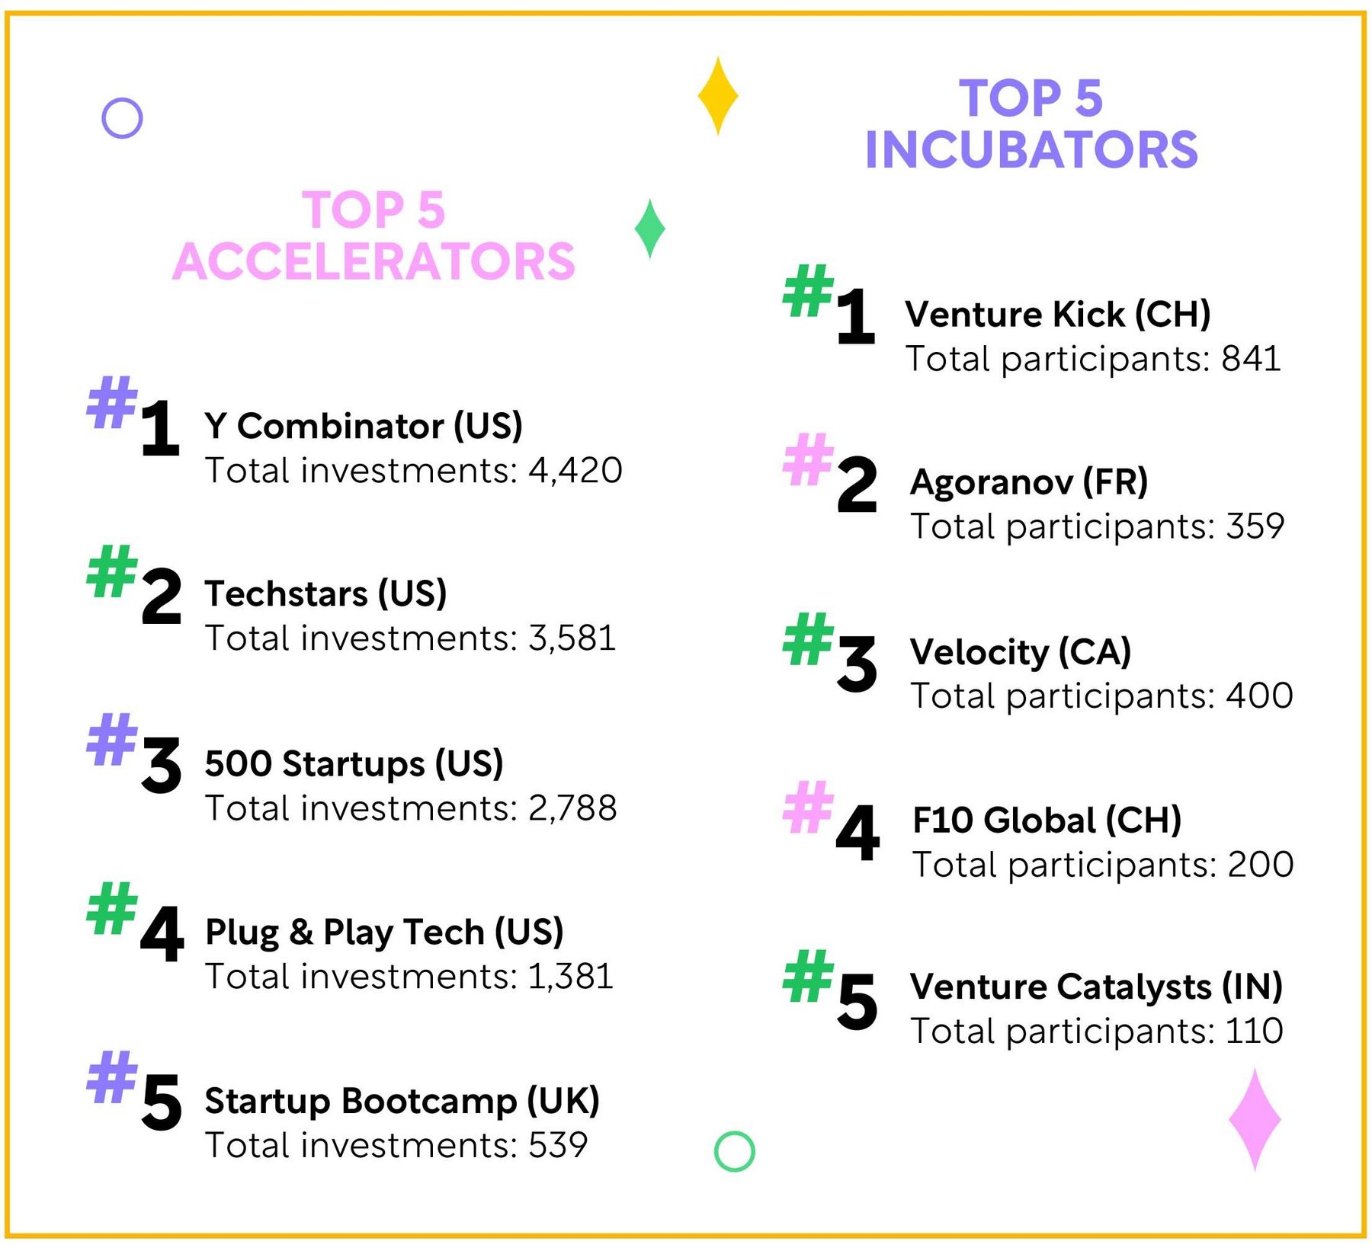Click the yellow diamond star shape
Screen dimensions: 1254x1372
coord(717,96)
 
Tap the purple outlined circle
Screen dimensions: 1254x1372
coord(122,118)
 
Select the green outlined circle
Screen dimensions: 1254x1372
coord(734,1151)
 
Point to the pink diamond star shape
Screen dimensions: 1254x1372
coord(1254,1119)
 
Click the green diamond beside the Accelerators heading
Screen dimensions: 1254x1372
coord(649,229)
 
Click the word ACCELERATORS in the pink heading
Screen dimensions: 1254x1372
coord(373,261)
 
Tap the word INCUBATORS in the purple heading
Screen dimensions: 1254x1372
coord(1031,149)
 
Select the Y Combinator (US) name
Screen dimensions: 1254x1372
coord(363,425)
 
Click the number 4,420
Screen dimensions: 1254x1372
coord(575,470)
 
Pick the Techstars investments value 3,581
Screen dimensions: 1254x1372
coord(572,638)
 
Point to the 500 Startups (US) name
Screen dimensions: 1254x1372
coord(354,763)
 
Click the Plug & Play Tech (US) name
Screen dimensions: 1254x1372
coord(384,932)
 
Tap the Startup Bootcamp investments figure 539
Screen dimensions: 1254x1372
coord(559,1145)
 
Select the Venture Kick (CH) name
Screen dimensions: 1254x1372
coord(1057,314)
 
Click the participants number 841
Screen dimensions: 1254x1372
coord(1251,359)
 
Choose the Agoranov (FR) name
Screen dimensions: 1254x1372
coord(1029,482)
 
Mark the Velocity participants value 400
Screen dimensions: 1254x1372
coord(1259,696)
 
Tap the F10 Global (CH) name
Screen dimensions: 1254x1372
coord(1047,821)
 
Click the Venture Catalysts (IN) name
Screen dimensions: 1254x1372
coord(1096,987)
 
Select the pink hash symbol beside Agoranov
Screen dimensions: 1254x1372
coord(808,459)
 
